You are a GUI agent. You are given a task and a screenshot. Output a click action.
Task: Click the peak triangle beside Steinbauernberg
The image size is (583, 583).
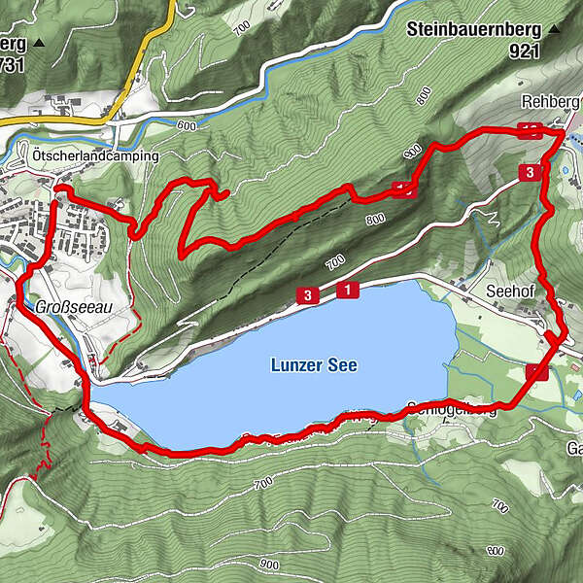[x=555, y=29]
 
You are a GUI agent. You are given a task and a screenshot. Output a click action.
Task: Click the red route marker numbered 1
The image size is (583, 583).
[x=346, y=290]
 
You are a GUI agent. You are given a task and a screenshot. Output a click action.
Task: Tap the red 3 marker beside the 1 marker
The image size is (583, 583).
[x=307, y=295]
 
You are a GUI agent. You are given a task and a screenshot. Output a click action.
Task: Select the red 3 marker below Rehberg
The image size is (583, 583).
[x=529, y=173]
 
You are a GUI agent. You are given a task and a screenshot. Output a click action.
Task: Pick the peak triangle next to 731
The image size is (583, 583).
[x=39, y=44]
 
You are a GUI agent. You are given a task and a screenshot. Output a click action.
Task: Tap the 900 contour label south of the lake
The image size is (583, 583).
[x=270, y=563]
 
